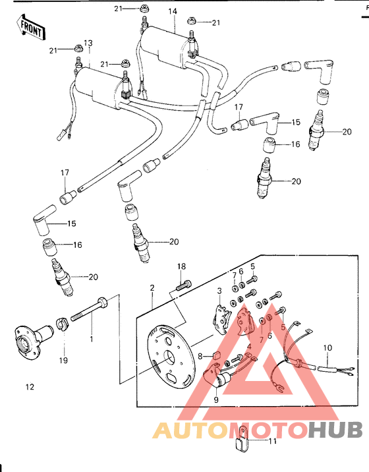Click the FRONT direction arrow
click(31, 28)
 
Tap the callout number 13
click(88, 44)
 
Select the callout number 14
click(173, 11)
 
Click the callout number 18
click(181, 266)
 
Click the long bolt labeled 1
click(89, 309)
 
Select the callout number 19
click(63, 360)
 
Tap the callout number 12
click(30, 387)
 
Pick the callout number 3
click(219, 291)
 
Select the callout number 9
click(216, 399)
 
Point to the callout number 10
click(327, 348)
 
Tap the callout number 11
click(272, 441)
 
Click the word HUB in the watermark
click(335, 430)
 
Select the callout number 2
click(152, 288)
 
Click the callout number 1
click(92, 339)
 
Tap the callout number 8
click(200, 357)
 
